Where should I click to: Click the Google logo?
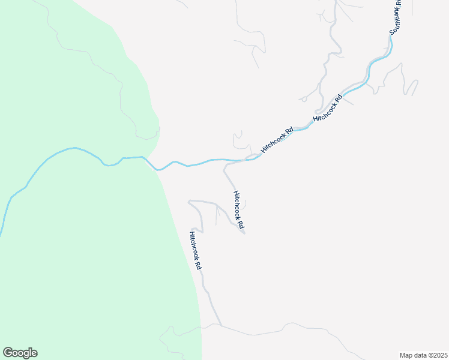point(20,353)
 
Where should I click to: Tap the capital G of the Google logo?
point(8,353)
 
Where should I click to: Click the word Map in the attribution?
point(406,355)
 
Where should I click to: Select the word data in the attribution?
point(421,355)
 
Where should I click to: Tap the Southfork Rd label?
point(397,18)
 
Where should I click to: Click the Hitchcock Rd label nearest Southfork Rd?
point(327,109)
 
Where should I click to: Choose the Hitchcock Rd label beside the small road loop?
point(277,139)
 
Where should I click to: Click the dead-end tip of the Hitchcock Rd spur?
point(244,233)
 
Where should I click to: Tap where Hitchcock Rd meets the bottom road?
point(221,326)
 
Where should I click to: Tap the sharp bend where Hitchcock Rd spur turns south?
point(224,169)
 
